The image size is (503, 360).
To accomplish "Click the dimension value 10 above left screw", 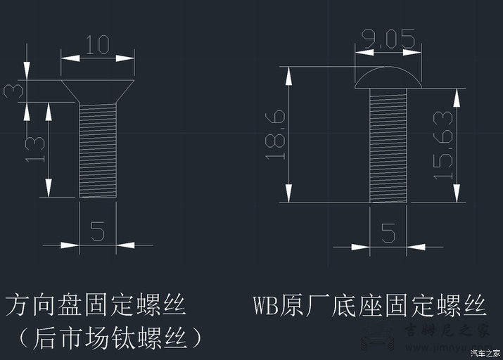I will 97,46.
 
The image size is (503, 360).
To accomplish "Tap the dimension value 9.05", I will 388,39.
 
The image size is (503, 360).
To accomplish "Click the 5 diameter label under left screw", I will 98,230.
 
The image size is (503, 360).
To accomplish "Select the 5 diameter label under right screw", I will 388,232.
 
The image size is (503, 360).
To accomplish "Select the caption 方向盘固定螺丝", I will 95,307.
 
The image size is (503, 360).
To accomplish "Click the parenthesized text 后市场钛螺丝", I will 106,338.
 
